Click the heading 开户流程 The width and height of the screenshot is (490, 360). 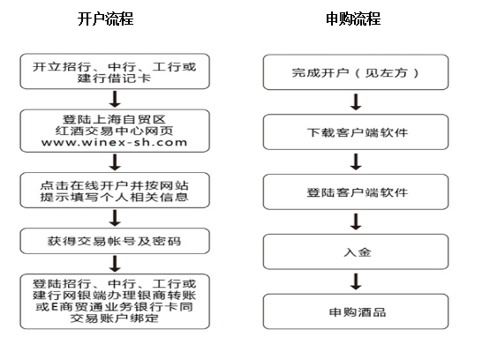pyautogui.click(x=106, y=19)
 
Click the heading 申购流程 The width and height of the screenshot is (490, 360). pyautogui.click(x=353, y=19)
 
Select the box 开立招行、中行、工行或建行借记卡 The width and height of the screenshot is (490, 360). pyautogui.click(x=115, y=71)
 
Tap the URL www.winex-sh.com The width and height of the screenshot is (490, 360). pyautogui.click(x=115, y=142)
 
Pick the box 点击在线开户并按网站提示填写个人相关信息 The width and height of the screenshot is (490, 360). pyautogui.click(x=115, y=191)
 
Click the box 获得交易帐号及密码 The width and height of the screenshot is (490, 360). pyautogui.click(x=115, y=241)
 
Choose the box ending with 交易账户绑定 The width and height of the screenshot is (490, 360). pyautogui.click(x=115, y=301)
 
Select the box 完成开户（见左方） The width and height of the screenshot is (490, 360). pyautogui.click(x=356, y=72)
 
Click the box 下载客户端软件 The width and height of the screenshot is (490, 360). pyautogui.click(x=356, y=131)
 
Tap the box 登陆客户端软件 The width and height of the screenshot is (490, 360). pyautogui.click(x=356, y=191)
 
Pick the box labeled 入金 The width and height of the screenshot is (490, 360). pyautogui.click(x=356, y=251)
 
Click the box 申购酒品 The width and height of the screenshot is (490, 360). pyautogui.click(x=356, y=311)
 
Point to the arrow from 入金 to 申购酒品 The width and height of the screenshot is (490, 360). pyautogui.click(x=356, y=281)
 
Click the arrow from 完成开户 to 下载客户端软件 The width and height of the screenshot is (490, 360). pyautogui.click(x=356, y=101)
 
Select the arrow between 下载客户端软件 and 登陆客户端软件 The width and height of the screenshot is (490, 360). pyautogui.click(x=356, y=161)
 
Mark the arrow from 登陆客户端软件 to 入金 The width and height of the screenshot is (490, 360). pyautogui.click(x=356, y=221)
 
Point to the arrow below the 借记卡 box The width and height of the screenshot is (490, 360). pyautogui.click(x=115, y=100)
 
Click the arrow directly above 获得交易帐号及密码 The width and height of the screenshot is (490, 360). pyautogui.click(x=115, y=218)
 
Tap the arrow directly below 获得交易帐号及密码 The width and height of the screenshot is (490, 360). pyautogui.click(x=115, y=264)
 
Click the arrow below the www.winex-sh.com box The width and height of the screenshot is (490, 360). pyautogui.click(x=115, y=162)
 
